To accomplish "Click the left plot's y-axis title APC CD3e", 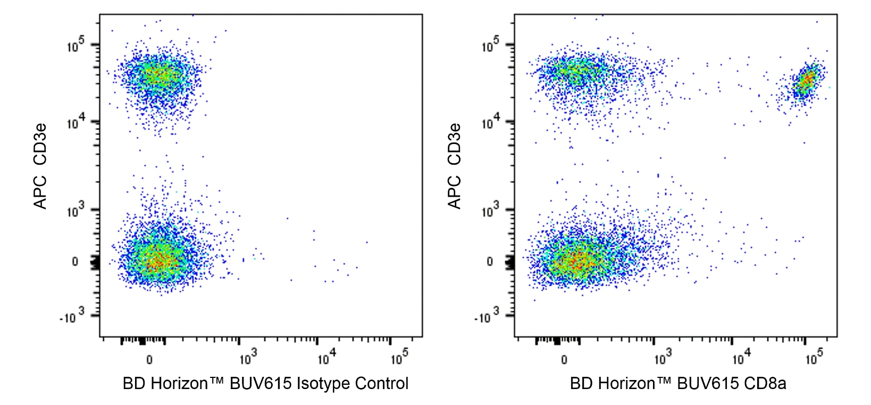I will tap(40, 166).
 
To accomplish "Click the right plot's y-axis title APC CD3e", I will tap(455, 166).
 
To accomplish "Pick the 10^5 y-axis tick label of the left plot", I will tap(76, 46).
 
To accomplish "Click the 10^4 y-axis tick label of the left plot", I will tap(76, 123).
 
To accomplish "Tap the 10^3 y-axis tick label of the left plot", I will tap(76, 211).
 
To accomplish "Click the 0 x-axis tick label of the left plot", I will tap(149, 360).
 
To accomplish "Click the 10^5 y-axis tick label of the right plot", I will tap(491, 46).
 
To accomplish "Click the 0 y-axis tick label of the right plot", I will tap(490, 261).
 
